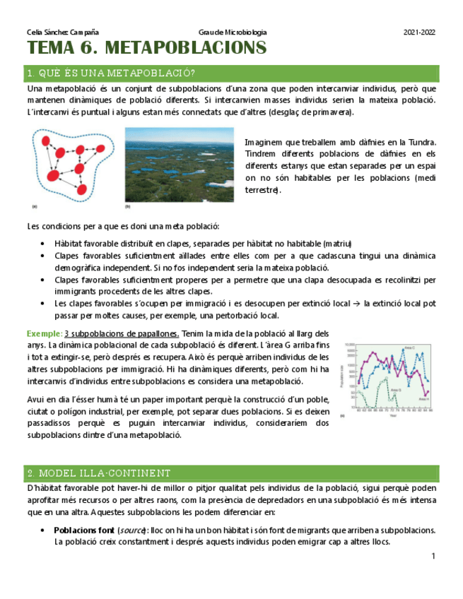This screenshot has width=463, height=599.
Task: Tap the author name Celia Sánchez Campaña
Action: tap(62, 32)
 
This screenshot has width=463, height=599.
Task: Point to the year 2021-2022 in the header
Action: tap(419, 32)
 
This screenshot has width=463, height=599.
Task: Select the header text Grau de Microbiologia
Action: tap(233, 32)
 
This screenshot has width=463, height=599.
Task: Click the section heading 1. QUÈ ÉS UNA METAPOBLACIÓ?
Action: tap(110, 73)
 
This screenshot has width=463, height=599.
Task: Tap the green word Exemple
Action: tap(43, 333)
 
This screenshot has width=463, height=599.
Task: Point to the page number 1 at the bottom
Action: tap(433, 557)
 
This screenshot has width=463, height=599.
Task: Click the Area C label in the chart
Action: tap(410, 347)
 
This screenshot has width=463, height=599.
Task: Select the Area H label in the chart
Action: tap(423, 399)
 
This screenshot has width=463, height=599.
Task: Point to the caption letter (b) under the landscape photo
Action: tap(128, 207)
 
